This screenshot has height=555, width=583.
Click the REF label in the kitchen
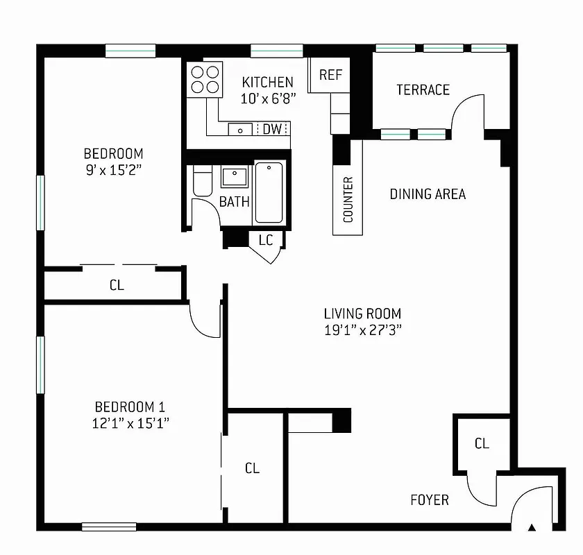330,75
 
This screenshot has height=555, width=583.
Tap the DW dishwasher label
272,129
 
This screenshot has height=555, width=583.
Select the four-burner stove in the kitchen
205,78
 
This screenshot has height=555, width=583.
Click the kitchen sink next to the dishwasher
241,129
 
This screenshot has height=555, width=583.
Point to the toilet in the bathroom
202,182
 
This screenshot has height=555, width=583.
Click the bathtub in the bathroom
269,192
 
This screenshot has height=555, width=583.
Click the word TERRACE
423,89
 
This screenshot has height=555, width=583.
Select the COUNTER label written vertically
348,200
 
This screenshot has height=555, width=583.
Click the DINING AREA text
427,194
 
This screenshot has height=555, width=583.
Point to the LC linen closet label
266,240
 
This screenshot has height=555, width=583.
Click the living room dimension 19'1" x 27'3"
362,330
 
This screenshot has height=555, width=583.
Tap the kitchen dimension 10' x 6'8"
268,99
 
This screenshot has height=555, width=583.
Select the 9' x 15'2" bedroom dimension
113,170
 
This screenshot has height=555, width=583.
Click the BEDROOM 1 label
130,407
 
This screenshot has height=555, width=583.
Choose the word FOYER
429,499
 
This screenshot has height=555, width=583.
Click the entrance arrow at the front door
532,527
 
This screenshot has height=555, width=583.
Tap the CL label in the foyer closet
482,443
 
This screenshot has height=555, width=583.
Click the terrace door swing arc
467,110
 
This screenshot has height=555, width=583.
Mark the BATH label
234,202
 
